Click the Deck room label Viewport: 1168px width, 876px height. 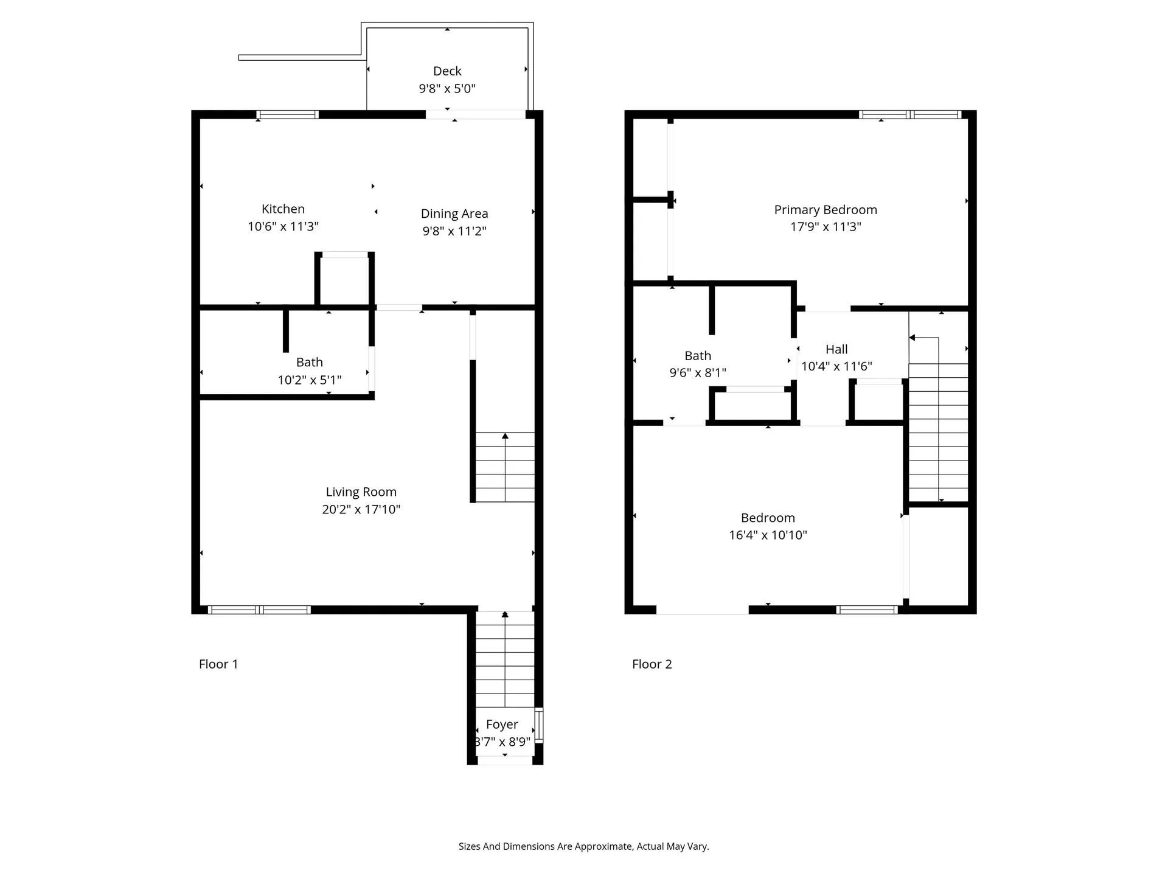(x=447, y=71)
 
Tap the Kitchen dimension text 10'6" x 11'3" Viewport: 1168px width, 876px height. (x=283, y=226)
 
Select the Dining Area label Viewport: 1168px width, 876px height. (x=454, y=214)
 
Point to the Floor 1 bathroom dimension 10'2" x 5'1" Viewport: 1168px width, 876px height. (x=309, y=380)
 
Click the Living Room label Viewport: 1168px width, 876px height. (x=361, y=492)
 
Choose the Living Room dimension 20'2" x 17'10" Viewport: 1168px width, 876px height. (x=361, y=509)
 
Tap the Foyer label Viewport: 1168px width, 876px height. (x=502, y=725)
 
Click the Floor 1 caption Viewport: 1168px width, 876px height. (x=218, y=664)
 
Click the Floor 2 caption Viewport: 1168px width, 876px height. (x=652, y=664)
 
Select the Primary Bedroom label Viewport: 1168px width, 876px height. (x=826, y=210)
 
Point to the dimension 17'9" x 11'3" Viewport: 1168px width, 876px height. (x=826, y=227)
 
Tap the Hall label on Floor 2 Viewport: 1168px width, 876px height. (x=836, y=349)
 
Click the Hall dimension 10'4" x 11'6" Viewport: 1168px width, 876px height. (x=836, y=366)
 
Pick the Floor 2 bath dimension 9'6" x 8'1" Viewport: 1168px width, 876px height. (x=698, y=372)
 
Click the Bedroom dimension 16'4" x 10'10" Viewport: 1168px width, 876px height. (x=768, y=535)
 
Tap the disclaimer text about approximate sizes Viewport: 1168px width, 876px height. (x=583, y=846)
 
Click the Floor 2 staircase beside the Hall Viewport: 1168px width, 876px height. (x=938, y=432)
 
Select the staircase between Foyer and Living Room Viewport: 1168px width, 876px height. (x=505, y=660)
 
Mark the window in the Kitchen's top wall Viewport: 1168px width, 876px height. (x=287, y=114)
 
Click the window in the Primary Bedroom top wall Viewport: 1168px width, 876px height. (x=909, y=114)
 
